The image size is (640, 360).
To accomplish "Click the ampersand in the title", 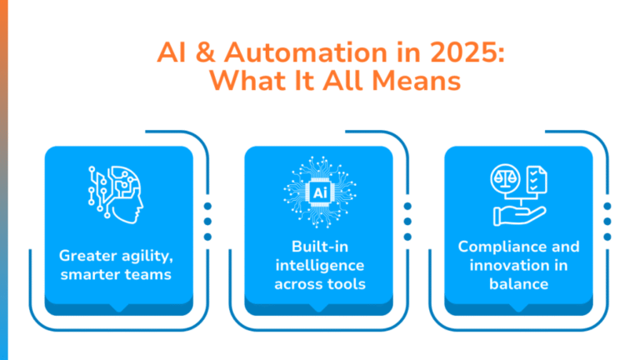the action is click(x=205, y=52).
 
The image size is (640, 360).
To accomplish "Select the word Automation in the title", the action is click(x=305, y=52).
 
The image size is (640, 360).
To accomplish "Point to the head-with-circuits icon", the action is click(x=116, y=194).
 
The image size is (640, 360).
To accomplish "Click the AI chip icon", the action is click(x=320, y=192).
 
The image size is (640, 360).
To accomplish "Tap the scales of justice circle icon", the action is click(x=505, y=178).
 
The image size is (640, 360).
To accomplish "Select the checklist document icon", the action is click(x=537, y=179).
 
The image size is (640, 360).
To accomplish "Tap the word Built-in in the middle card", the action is click(x=320, y=247).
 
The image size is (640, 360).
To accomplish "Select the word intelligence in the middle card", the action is click(x=320, y=266).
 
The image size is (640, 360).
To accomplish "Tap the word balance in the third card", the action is click(x=519, y=284).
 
